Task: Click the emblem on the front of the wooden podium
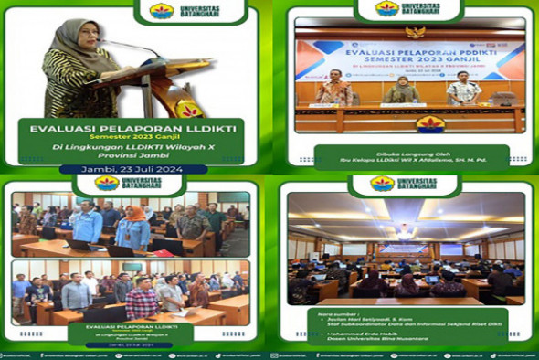point(189,108)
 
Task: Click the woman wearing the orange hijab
point(133,224)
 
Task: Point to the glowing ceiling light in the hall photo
point(404,232)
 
